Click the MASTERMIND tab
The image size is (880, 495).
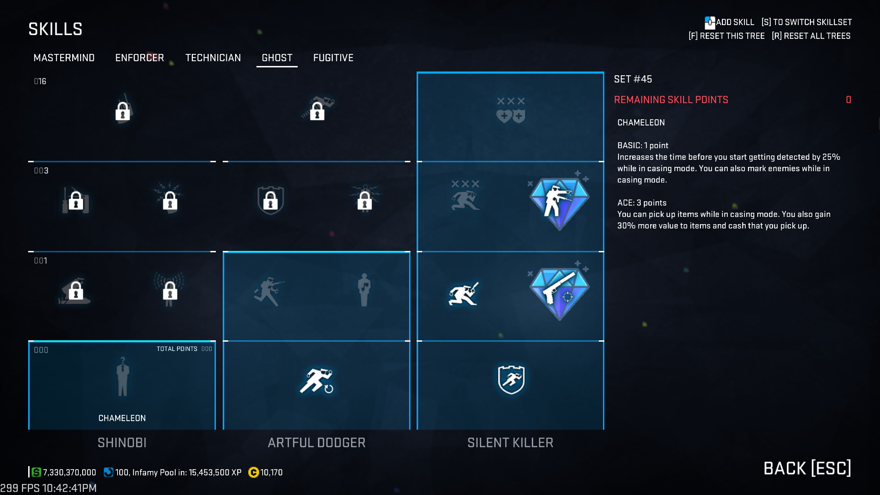pyautogui.click(x=64, y=58)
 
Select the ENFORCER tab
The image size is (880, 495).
pyautogui.click(x=140, y=58)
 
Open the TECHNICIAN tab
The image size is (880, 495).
pyautogui.click(x=213, y=58)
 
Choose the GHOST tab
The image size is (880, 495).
pyautogui.click(x=277, y=58)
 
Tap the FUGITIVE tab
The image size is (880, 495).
pyautogui.click(x=333, y=58)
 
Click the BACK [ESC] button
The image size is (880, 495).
pyautogui.click(x=807, y=469)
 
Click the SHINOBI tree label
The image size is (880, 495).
pyautogui.click(x=122, y=443)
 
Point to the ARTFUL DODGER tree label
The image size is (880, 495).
pyautogui.click(x=317, y=443)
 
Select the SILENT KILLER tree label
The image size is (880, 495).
pyautogui.click(x=510, y=443)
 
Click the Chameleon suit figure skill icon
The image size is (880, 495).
pyautogui.click(x=122, y=376)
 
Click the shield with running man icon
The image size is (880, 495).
pyautogui.click(x=511, y=379)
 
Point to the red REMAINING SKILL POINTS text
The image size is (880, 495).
pyautogui.click(x=671, y=100)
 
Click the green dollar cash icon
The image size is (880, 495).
pyautogui.click(x=36, y=472)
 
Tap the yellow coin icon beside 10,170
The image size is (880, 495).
pyautogui.click(x=253, y=472)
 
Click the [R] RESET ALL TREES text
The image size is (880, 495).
pyautogui.click(x=811, y=36)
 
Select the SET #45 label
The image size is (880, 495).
pyautogui.click(x=633, y=79)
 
